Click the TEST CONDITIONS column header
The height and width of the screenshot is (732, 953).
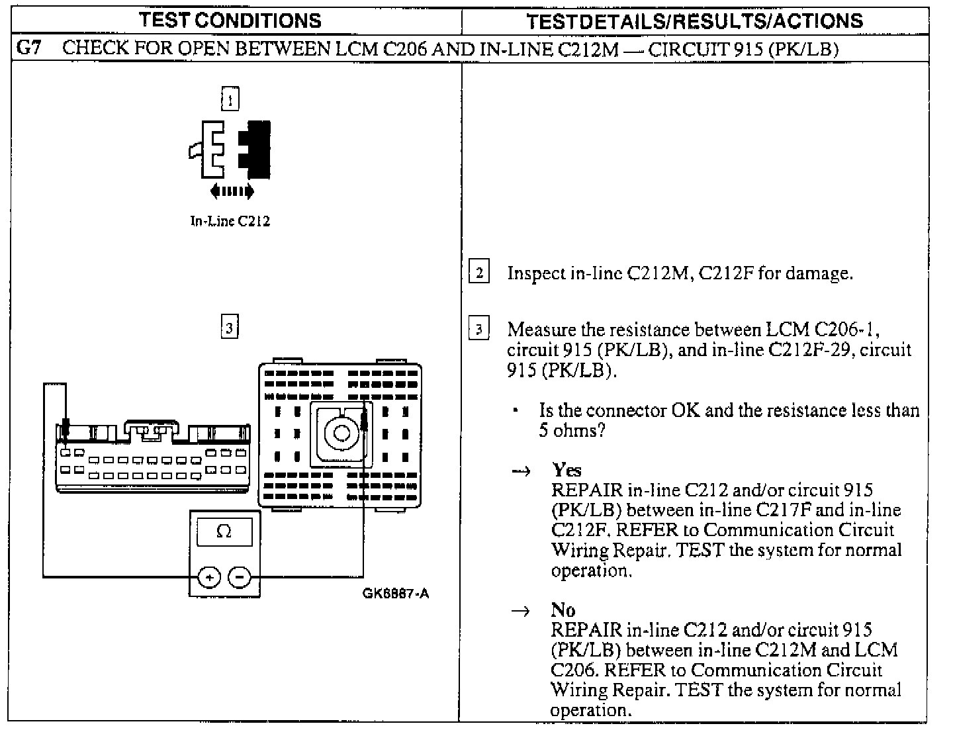click(230, 21)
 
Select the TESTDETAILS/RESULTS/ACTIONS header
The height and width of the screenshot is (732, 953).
click(694, 21)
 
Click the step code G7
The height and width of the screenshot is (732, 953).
click(28, 49)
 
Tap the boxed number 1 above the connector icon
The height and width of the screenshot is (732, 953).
click(230, 99)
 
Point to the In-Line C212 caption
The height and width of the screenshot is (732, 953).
click(230, 222)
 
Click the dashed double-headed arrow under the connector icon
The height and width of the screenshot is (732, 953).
click(231, 192)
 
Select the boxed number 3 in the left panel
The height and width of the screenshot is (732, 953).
click(229, 327)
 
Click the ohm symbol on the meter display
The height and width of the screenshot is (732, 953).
click(224, 531)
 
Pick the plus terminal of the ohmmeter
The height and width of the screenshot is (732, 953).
click(209, 578)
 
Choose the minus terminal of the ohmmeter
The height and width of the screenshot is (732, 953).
click(240, 578)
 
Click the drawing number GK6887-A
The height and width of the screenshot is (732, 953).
click(395, 594)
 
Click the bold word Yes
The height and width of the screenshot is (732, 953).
click(567, 470)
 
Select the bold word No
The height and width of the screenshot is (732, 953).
click(563, 610)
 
